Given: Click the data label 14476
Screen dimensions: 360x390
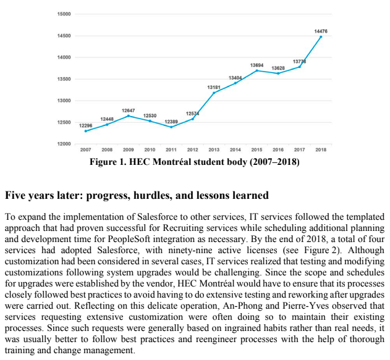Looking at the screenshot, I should point(321,30).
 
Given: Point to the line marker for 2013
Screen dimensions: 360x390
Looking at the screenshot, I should point(214,93).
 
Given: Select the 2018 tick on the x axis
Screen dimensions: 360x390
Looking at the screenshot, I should point(321,150).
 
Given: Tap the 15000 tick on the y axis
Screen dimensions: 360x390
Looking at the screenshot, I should point(64,14).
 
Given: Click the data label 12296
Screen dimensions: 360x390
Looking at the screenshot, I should point(85,125).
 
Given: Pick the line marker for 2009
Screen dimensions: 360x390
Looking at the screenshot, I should point(129,115).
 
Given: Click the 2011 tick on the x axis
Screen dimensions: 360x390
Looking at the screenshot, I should point(171,150).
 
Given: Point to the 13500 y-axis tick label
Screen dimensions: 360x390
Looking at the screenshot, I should point(64,79).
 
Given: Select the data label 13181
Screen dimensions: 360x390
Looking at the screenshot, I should point(213,87).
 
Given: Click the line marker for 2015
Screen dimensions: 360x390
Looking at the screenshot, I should point(256,70).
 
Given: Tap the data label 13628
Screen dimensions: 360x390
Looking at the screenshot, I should point(278,67).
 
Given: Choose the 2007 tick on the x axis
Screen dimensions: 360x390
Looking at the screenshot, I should point(85,150).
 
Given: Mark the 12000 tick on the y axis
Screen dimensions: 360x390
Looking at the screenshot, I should point(64,144).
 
